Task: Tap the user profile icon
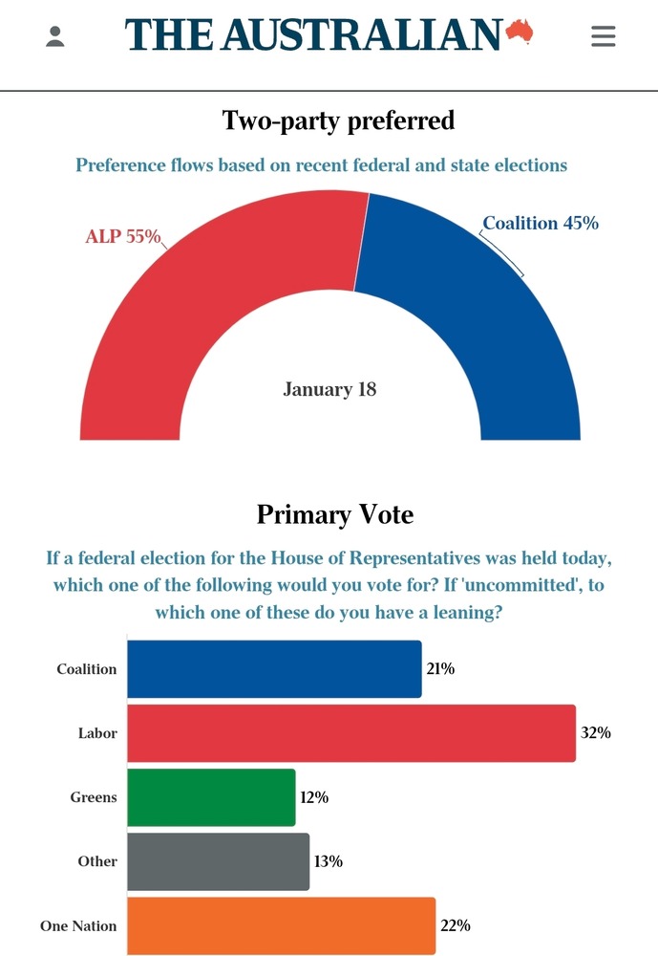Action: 55,36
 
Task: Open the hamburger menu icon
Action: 603,36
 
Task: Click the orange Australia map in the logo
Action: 519,31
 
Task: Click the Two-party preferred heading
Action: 338,120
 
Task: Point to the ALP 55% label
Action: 123,235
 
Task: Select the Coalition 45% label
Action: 541,223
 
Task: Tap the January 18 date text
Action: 329,389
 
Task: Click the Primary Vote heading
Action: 335,514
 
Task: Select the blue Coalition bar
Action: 274,669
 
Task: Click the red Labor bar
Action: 351,733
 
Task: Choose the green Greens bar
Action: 211,797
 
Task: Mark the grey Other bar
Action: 218,861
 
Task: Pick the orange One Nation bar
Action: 281,925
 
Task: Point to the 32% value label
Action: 595,733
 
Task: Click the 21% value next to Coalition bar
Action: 440,669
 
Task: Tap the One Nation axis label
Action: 78,925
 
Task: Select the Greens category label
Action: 94,797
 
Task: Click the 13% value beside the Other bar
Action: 329,861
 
